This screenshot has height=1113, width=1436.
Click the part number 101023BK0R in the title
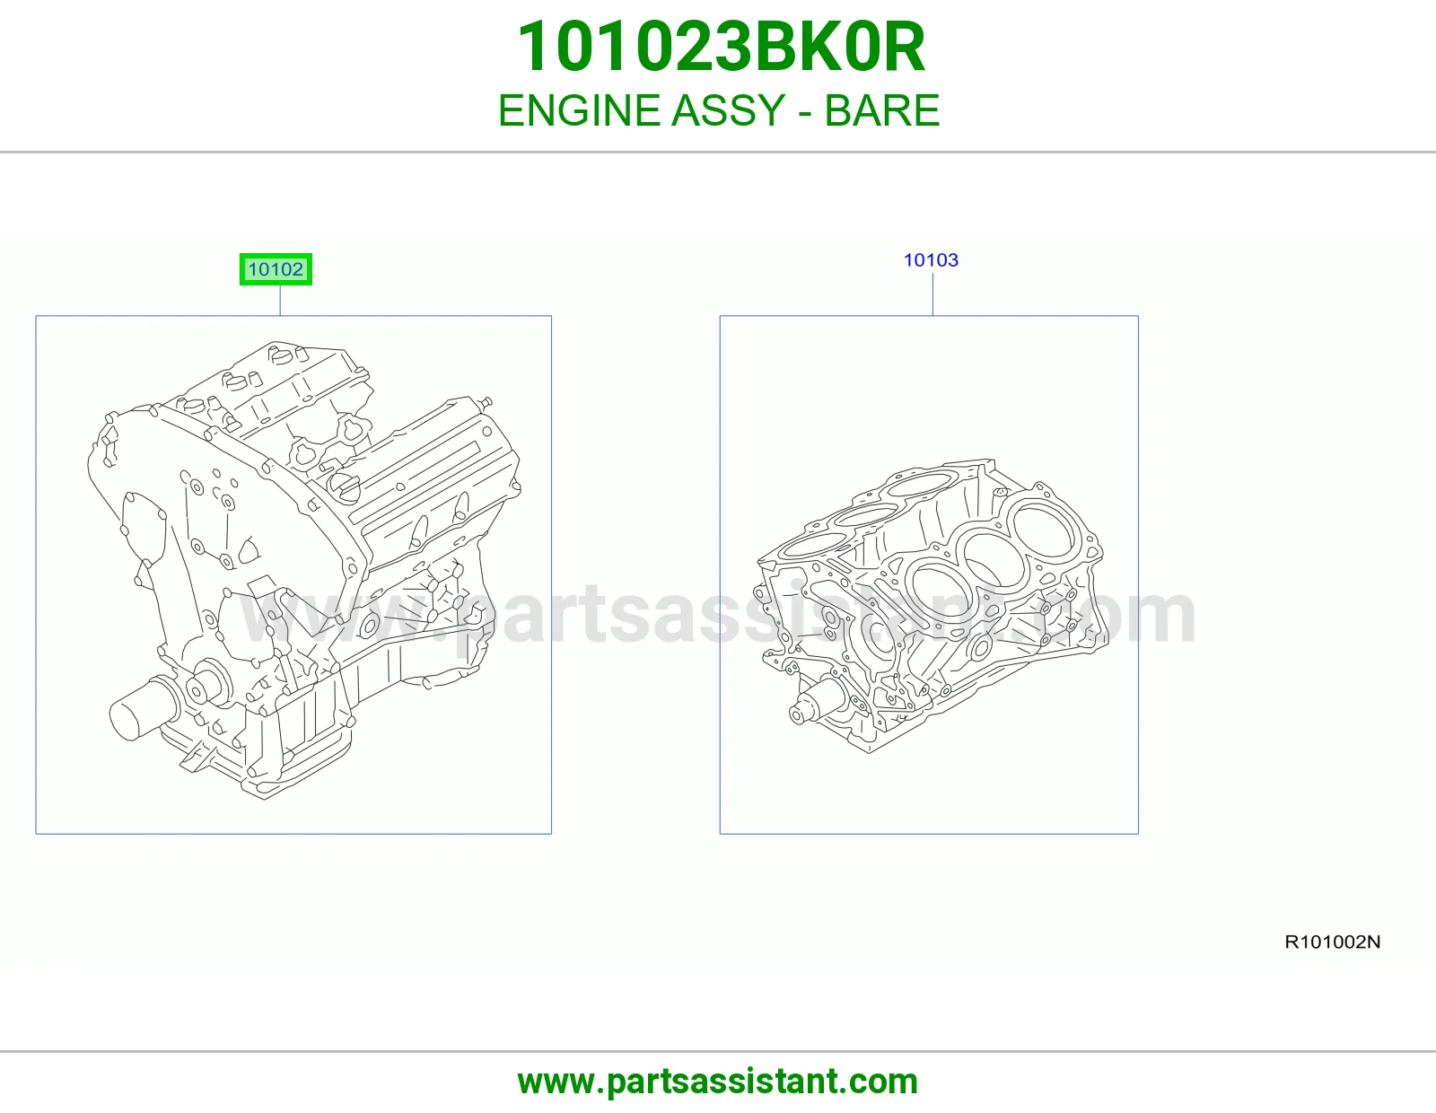721,47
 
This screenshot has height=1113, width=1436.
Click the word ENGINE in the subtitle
578,110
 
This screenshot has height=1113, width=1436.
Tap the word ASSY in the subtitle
728,110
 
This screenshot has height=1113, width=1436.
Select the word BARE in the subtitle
881,110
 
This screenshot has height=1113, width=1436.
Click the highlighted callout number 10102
276,269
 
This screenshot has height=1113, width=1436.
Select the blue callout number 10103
931,259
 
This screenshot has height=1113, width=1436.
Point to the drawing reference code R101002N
1332,942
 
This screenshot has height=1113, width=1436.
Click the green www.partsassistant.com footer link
718,1082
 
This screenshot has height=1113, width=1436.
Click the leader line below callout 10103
933,294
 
